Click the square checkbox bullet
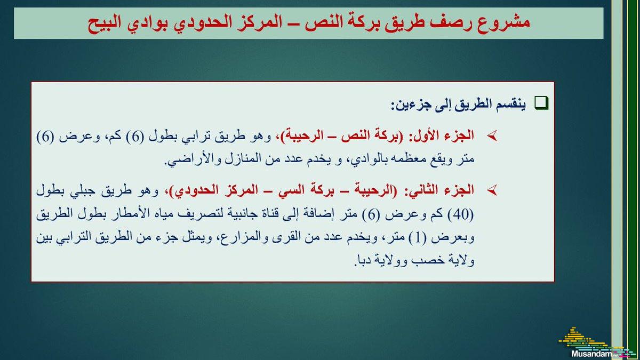(x=541, y=103)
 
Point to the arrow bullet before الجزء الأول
(x=492, y=137)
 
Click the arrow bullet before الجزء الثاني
(x=492, y=190)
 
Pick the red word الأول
(x=424, y=135)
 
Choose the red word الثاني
(x=421, y=189)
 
